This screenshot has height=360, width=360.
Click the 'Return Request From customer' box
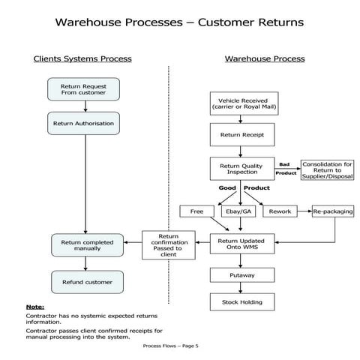click(x=84, y=90)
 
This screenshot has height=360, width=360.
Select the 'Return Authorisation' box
click(x=84, y=123)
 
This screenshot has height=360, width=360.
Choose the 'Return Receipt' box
click(x=241, y=135)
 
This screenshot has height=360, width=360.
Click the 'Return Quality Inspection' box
click(x=241, y=168)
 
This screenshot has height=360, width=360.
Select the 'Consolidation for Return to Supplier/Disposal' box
click(x=326, y=169)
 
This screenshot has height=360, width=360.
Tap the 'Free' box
click(x=197, y=211)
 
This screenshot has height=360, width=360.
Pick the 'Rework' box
click(x=280, y=211)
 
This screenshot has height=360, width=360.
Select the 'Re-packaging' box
click(x=333, y=211)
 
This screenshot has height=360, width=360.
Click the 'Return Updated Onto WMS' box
click(x=241, y=244)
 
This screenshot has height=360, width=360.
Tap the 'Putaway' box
click(x=241, y=275)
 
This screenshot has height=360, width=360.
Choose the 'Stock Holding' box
click(x=241, y=302)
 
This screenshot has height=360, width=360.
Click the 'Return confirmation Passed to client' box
click(x=168, y=245)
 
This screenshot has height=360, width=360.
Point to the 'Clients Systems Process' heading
click(x=82, y=58)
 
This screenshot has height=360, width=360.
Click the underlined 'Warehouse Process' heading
click(x=265, y=58)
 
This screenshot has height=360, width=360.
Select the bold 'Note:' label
click(x=34, y=307)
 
